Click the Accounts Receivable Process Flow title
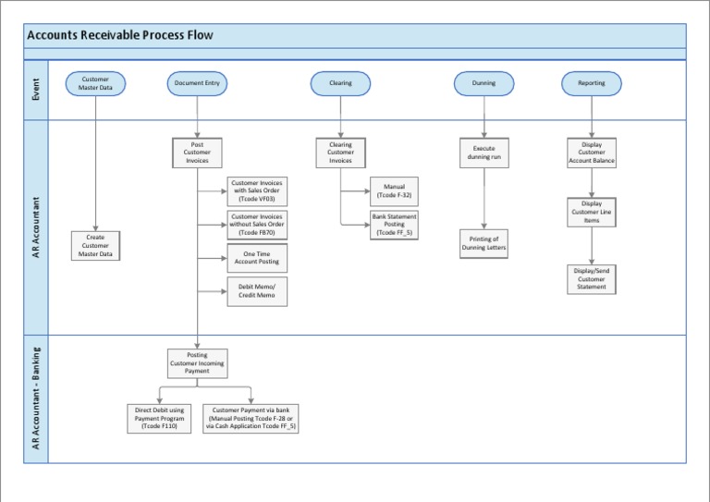[x=120, y=36]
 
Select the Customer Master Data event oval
[x=95, y=83]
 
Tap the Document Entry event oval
[x=197, y=83]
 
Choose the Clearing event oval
[x=340, y=83]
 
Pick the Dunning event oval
[x=484, y=83]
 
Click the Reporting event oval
[x=592, y=83]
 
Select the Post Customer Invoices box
[x=197, y=153]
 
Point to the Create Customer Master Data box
[x=95, y=245]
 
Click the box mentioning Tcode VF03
[x=257, y=191]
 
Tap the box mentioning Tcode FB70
[x=257, y=225]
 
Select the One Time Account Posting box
[x=257, y=258]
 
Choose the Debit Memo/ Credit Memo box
[x=257, y=291]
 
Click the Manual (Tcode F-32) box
[x=394, y=191]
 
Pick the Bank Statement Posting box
[x=394, y=225]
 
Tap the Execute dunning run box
[x=484, y=153]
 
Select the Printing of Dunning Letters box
[x=484, y=244]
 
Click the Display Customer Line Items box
[x=592, y=212]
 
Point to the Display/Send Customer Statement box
[x=592, y=278]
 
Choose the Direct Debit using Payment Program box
[x=159, y=418]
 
